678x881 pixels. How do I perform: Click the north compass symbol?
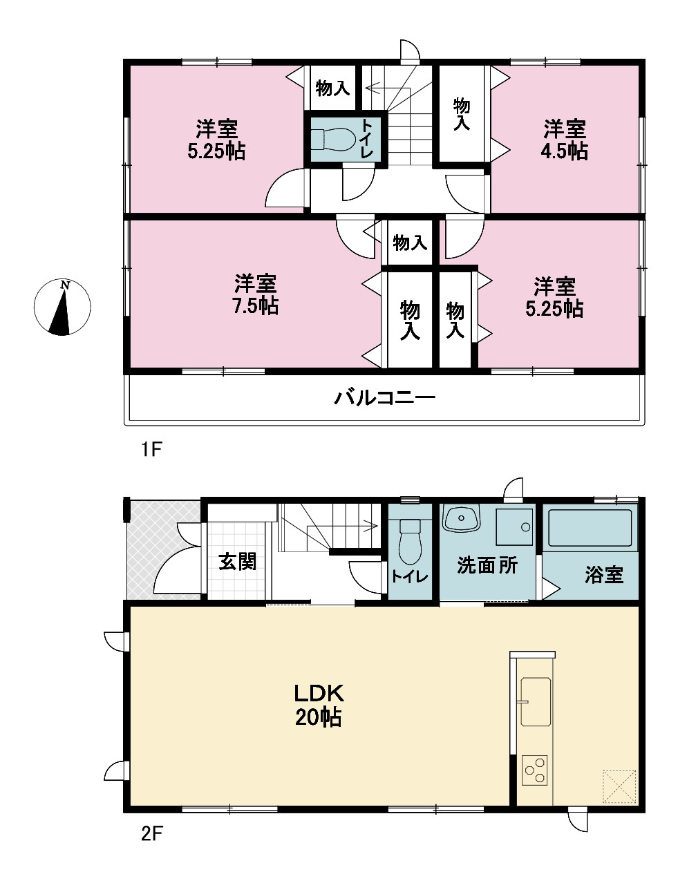coord(62,307)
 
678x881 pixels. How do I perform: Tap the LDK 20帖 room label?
coord(319,705)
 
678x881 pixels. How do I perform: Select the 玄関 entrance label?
coord(237,562)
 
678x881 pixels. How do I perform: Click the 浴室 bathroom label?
coord(604,575)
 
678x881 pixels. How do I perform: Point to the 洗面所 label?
coord(487,565)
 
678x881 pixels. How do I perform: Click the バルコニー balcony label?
coord(384,398)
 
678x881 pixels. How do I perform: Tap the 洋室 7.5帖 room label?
coord(256,295)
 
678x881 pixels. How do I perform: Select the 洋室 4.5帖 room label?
coord(565,140)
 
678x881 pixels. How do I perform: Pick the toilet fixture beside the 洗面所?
coord(411,542)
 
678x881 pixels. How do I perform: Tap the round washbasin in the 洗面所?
coord(461,518)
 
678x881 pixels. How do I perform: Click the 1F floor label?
coord(151,449)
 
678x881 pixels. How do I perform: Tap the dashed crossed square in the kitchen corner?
coord(619,786)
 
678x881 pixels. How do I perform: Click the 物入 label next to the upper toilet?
coord(332,88)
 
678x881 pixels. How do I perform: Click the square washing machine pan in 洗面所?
coord(514,527)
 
